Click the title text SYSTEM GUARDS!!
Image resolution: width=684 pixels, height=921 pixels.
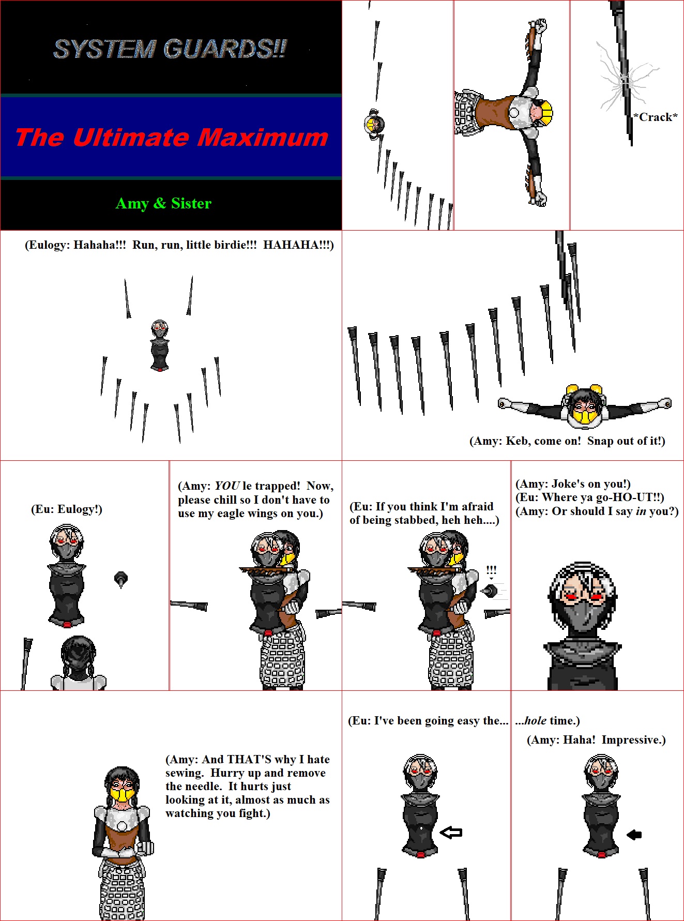point(170,49)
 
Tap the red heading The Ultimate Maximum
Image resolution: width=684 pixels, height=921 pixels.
point(172,138)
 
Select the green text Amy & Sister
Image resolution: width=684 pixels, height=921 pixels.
point(163,203)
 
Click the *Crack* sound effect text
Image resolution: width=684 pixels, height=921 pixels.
point(656,117)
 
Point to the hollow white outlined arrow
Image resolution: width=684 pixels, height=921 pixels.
point(451,832)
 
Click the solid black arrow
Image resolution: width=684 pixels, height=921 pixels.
point(634,834)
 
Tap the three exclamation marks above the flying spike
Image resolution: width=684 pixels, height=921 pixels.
point(491,571)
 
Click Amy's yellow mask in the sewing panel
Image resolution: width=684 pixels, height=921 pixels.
point(122,794)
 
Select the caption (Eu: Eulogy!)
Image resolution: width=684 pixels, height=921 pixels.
point(67,509)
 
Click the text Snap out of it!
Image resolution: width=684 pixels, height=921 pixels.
point(627,441)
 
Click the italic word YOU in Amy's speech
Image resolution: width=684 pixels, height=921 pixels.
point(227,486)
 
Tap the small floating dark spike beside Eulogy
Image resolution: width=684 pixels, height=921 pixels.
point(120,579)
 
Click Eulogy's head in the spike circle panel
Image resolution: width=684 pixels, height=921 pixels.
point(160,328)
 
